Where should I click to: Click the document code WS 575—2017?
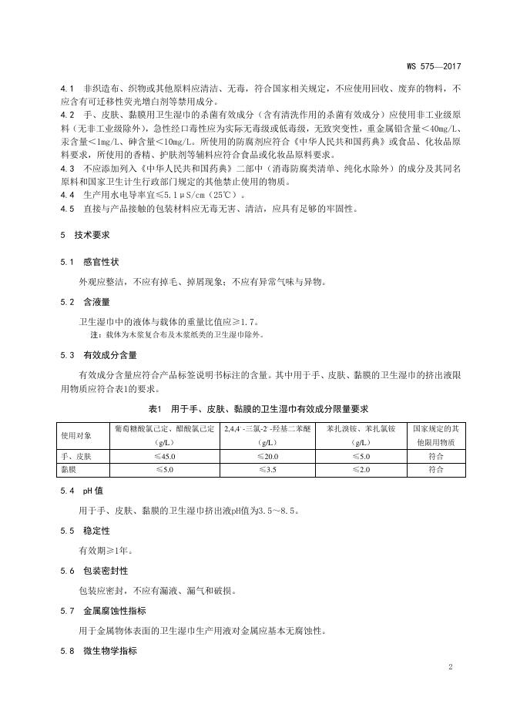click(x=440, y=67)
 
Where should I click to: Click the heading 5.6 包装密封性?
click(x=89, y=571)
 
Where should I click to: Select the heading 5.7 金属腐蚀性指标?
click(x=99, y=611)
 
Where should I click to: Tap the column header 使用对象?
click(x=76, y=435)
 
